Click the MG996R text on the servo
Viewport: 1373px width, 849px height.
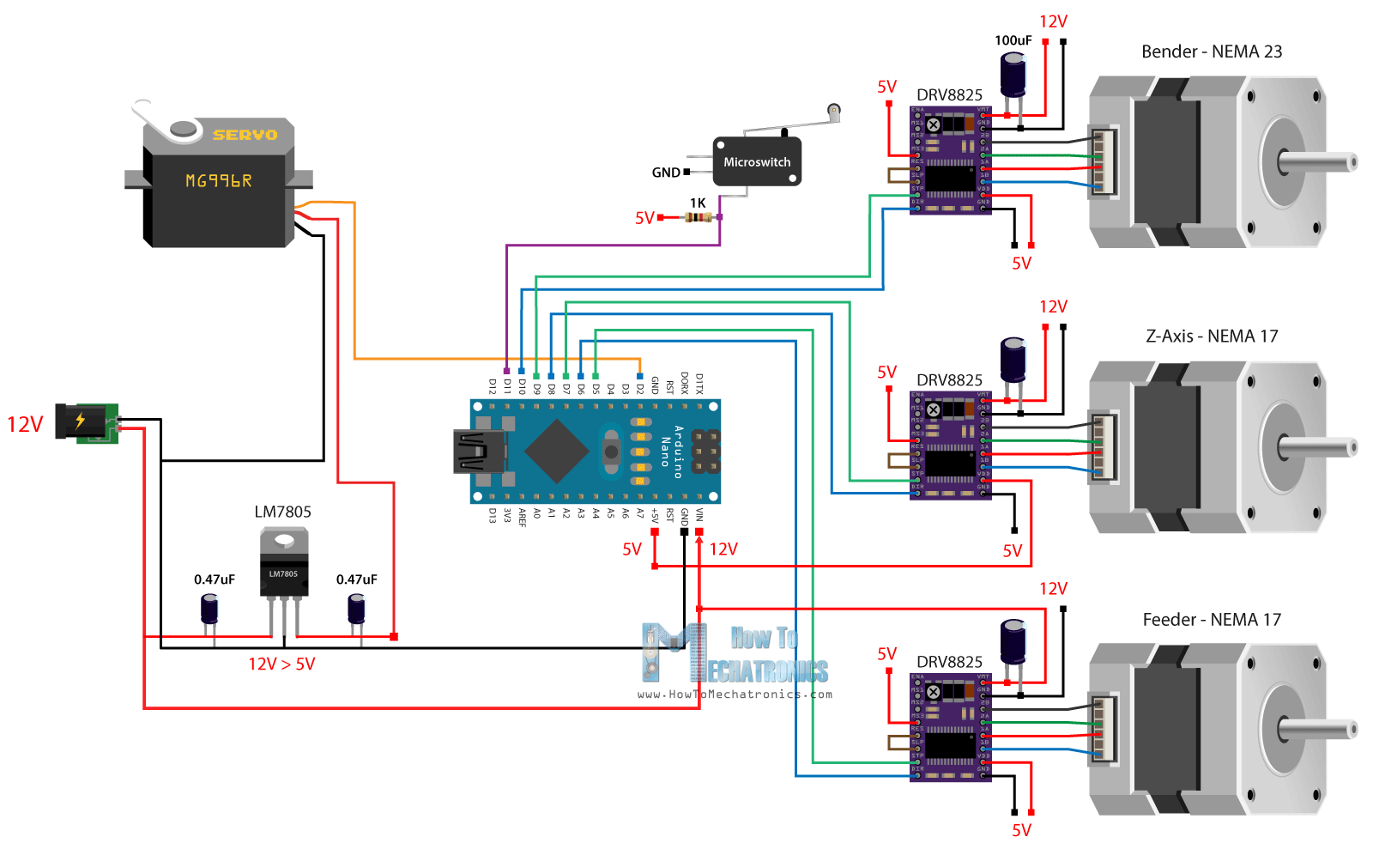(x=219, y=181)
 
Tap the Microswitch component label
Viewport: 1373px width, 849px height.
(x=756, y=162)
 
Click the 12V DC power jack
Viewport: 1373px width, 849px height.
(x=86, y=422)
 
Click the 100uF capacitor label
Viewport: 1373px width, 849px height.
(x=1013, y=40)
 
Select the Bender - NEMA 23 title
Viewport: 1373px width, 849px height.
(x=1211, y=52)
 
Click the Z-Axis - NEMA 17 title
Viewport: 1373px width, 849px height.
(x=1211, y=337)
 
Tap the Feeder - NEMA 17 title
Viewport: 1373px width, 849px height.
(x=1211, y=620)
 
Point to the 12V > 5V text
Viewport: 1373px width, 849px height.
(x=281, y=664)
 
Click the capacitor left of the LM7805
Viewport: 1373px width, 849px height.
(x=209, y=609)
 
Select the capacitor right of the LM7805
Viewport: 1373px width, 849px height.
(x=356, y=609)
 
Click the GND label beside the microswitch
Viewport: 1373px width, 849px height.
(x=665, y=173)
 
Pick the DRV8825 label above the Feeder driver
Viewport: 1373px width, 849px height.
(x=949, y=662)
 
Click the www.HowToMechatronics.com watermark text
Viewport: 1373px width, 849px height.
(x=735, y=694)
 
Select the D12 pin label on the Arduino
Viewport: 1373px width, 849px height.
(x=493, y=386)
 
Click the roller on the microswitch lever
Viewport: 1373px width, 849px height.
(x=833, y=110)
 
